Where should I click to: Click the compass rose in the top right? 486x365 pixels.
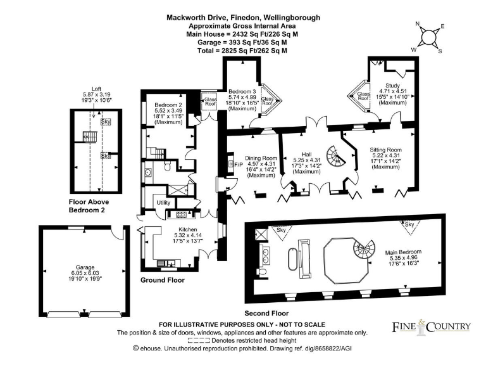tap(429, 37)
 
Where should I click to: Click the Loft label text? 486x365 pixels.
tap(96, 88)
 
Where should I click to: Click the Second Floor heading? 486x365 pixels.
tap(267, 313)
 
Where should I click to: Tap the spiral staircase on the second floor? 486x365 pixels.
tap(366, 249)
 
